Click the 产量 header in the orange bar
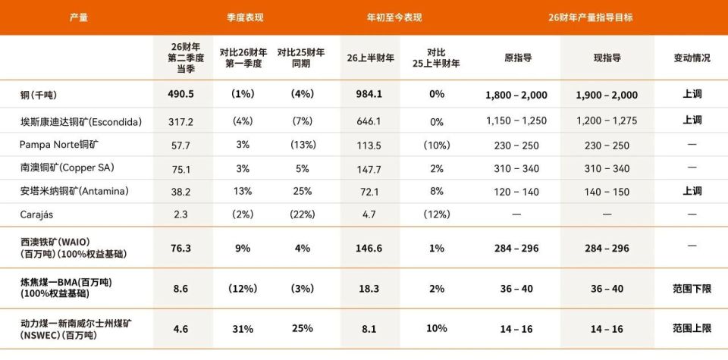[78, 17]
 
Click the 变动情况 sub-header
[692, 58]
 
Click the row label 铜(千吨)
[39, 95]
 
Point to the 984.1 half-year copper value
[369, 95]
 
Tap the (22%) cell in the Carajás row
[302, 214]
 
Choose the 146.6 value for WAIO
[369, 247]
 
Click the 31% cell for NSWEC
[243, 328]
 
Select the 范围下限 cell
[692, 289]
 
